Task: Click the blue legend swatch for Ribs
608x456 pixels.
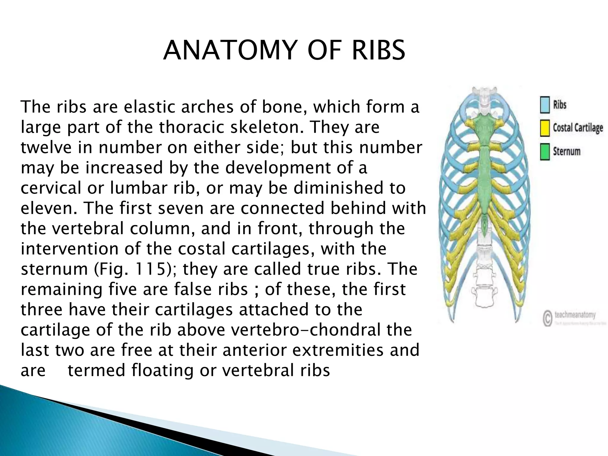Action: coord(545,105)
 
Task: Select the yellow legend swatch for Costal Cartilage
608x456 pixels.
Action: coord(545,128)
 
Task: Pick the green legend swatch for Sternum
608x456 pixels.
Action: coord(545,152)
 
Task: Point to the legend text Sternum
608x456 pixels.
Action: coord(566,151)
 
